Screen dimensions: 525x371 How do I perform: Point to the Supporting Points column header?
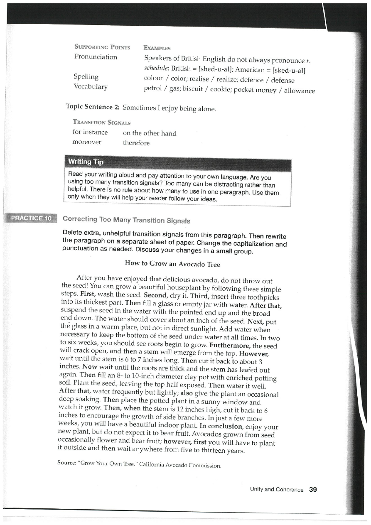[102, 47]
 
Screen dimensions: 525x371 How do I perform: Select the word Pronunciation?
[96, 57]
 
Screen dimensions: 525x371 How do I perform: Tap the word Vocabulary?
[91, 86]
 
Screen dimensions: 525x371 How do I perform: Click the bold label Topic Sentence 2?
[93, 107]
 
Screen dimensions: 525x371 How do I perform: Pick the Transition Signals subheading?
[102, 123]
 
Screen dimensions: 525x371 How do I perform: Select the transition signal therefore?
[136, 143]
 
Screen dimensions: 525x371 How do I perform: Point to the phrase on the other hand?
[150, 133]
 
